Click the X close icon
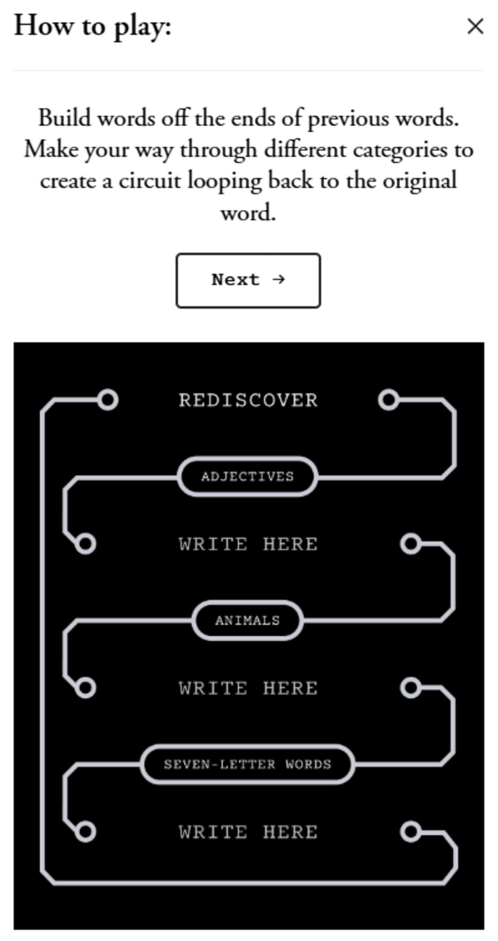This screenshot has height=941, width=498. tap(475, 26)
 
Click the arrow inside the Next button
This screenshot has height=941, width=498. tap(278, 279)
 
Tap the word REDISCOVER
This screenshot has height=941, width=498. tap(248, 400)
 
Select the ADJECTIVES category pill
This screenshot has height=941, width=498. tap(247, 476)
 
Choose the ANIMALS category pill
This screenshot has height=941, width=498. tap(247, 620)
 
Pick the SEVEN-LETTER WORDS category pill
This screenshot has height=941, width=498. tap(247, 765)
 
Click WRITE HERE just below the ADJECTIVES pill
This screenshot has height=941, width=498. tap(248, 544)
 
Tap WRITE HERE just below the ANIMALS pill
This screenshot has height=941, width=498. tap(248, 688)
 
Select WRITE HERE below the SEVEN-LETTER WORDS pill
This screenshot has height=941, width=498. tap(248, 832)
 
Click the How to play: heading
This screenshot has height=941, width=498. tap(93, 26)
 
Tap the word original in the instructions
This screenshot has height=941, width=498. tap(420, 181)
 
